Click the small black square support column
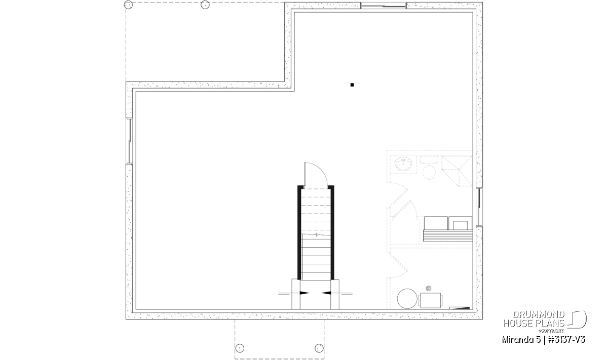pyautogui.click(x=352, y=85)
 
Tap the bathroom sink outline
pyautogui.click(x=403, y=164)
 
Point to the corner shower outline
pyautogui.click(x=457, y=171)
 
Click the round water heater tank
pyautogui.click(x=407, y=298)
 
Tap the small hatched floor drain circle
pyautogui.click(x=429, y=288)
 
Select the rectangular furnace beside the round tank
pyautogui.click(x=431, y=300)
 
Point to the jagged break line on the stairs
pyautogui.click(x=316, y=234)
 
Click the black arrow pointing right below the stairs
pyautogui.click(x=305, y=293)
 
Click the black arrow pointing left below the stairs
pyautogui.click(x=326, y=293)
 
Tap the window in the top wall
pyautogui.click(x=383, y=6)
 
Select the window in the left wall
pyautogui.click(x=130, y=141)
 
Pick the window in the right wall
pyautogui.click(x=479, y=207)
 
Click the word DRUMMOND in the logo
pyautogui.click(x=539, y=315)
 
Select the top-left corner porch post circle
pyautogui.click(x=128, y=5)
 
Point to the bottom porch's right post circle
pyautogui.click(x=319, y=348)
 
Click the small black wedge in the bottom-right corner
pyautogui.click(x=460, y=308)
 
